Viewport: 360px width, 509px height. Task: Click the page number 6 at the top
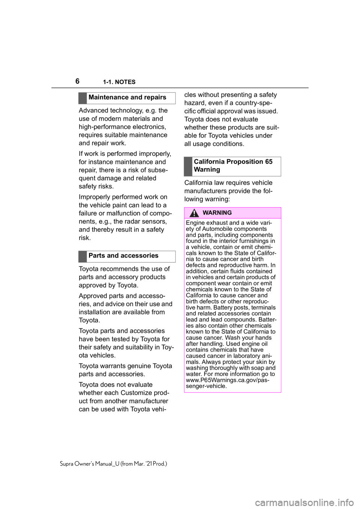tap(78, 81)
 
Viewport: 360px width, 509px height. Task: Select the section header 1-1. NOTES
tap(119, 82)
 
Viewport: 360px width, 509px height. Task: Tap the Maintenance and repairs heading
tap(127, 97)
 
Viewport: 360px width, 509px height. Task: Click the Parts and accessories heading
tap(123, 256)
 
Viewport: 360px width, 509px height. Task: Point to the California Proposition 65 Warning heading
tap(233, 166)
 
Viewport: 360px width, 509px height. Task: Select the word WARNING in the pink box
tap(217, 213)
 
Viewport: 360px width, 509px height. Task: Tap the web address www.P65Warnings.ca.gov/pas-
tap(228, 380)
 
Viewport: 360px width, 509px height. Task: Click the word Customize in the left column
tap(136, 393)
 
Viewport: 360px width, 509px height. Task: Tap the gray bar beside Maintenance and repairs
tap(83, 98)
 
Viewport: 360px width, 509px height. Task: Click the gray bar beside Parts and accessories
tap(83, 256)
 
